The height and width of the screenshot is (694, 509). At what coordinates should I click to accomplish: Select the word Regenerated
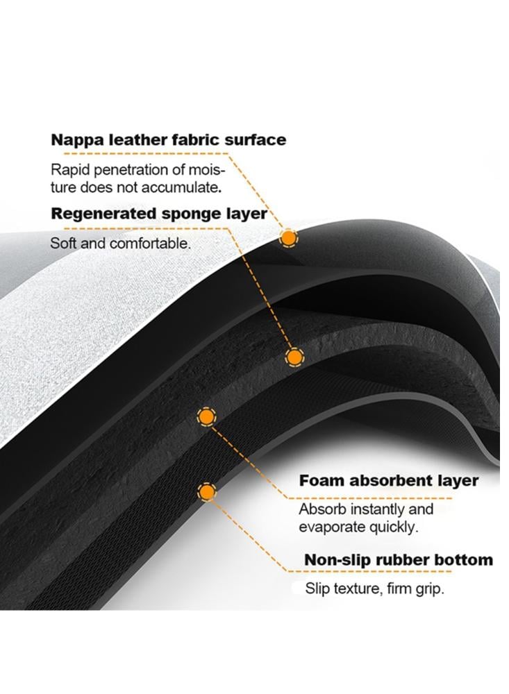point(103,214)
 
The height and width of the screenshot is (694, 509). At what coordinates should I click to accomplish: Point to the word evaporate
point(332,527)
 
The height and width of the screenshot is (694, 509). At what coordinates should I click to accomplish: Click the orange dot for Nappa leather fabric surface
point(289,238)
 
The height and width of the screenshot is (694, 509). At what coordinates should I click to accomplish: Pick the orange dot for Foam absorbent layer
point(206,416)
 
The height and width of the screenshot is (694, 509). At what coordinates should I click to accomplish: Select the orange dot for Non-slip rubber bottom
point(207,492)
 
